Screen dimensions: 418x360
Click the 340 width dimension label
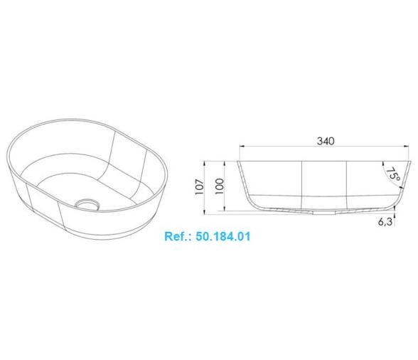click(326, 141)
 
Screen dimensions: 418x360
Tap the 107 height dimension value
click(200, 186)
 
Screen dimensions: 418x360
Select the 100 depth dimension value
click(220, 186)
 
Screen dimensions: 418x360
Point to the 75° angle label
click(393, 174)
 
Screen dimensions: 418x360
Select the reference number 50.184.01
click(223, 236)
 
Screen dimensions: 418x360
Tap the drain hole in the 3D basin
click(87, 203)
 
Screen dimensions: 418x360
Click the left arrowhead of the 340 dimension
click(242, 146)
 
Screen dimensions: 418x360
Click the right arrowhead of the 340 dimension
click(407, 146)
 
